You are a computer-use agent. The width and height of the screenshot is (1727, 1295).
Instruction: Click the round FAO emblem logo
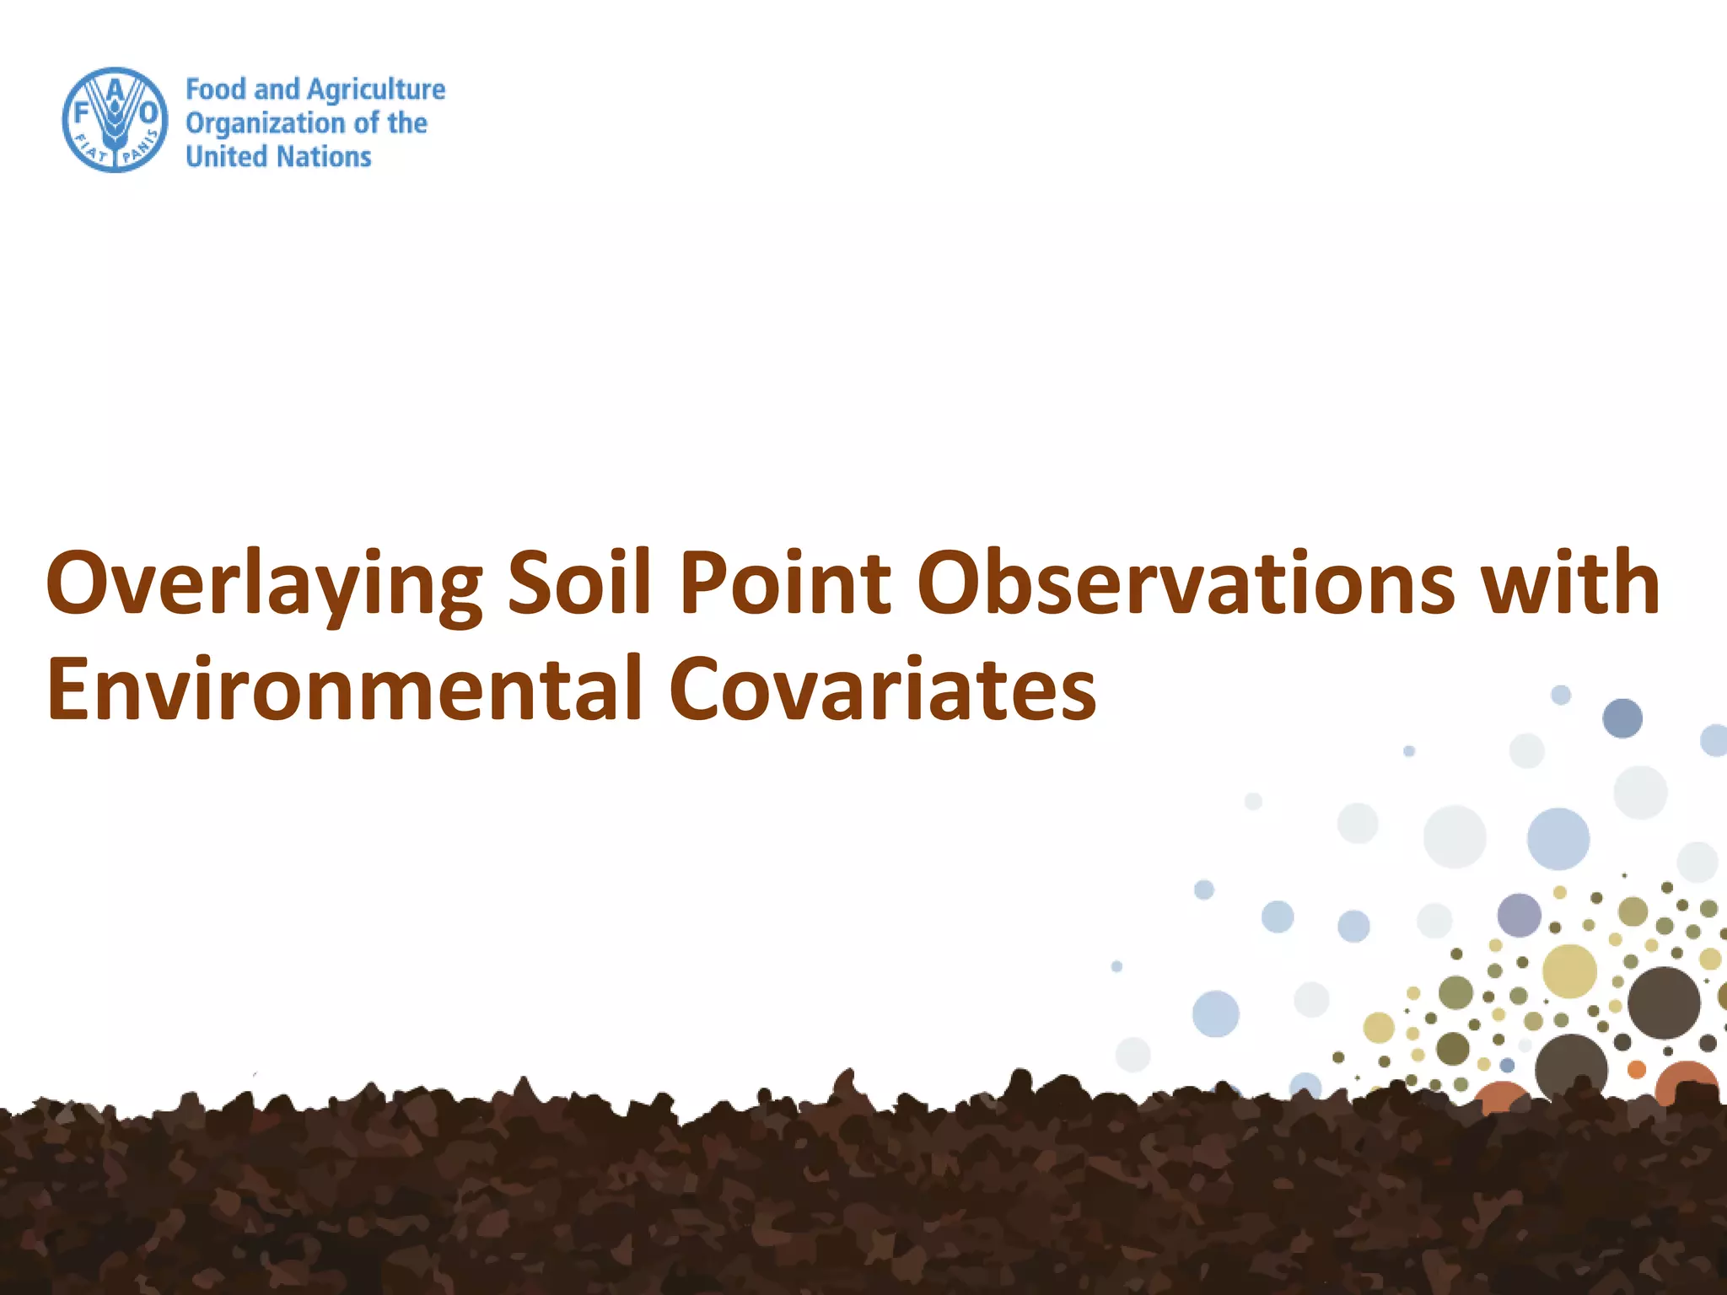click(x=116, y=120)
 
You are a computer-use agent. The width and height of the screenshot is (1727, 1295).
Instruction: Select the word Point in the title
click(x=785, y=582)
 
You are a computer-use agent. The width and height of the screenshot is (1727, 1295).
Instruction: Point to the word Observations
click(x=1186, y=582)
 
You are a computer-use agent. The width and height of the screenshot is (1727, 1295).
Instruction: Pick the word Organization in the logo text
click(x=265, y=124)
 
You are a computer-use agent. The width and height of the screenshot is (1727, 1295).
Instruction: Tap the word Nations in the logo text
click(x=325, y=157)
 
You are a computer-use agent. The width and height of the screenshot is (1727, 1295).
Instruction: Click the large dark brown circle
click(x=1663, y=1002)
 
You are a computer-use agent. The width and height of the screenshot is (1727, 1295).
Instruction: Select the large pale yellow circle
click(x=1569, y=971)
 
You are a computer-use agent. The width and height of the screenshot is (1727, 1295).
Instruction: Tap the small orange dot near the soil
click(x=1636, y=1070)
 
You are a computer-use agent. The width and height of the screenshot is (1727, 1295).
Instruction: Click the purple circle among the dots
click(x=1519, y=916)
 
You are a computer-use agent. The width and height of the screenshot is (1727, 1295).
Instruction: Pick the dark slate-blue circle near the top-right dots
click(x=1622, y=718)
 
